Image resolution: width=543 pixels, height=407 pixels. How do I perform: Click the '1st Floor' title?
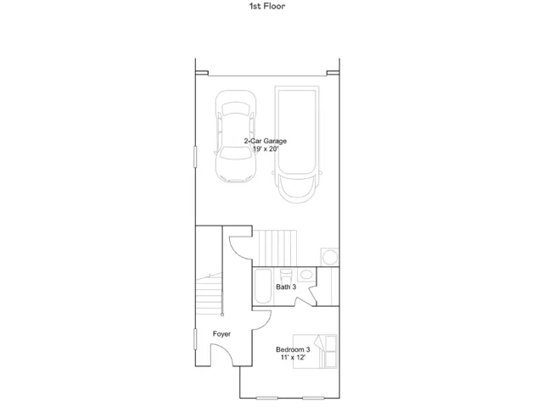pos(267,6)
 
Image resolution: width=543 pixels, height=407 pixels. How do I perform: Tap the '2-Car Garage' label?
pos(266,141)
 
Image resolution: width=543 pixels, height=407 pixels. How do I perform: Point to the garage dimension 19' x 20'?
pos(266,149)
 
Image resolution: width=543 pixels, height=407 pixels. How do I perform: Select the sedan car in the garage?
pos(236,137)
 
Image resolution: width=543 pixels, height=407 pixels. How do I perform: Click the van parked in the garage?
pos(297,144)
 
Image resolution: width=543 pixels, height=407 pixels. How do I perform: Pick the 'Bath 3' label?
pos(286,287)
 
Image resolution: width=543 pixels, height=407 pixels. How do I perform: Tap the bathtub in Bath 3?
pos(263,287)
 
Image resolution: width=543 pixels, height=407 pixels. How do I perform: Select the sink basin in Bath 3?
pos(306,275)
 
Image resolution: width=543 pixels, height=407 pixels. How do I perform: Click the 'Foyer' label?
pos(221,334)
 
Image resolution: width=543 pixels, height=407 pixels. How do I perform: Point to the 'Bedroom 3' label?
pos(293,349)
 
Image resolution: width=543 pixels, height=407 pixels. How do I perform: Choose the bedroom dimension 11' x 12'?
pos(293,358)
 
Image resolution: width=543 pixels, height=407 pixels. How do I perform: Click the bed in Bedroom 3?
pos(315,351)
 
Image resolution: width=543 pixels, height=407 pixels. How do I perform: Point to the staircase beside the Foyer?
pos(209,293)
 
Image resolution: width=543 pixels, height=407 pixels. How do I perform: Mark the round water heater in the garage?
pos(330,257)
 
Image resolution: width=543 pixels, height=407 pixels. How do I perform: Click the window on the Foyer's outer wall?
pos(195,339)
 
